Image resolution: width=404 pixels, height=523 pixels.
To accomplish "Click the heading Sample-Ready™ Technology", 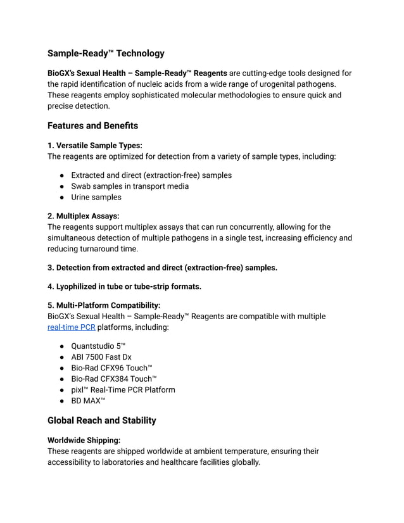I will (106, 54).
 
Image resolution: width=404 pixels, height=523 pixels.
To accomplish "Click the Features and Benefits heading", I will (92, 125).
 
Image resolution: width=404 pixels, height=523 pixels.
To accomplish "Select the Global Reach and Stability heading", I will (101, 420).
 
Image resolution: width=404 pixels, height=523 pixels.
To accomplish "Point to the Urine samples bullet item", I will (96, 197).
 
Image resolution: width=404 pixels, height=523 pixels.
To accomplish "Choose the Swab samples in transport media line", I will (130, 186).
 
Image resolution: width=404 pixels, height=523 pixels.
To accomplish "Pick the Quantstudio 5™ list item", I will (98, 346).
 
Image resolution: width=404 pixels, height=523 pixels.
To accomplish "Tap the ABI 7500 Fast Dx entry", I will (101, 357).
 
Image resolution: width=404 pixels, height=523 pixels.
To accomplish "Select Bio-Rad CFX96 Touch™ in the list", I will (111, 368).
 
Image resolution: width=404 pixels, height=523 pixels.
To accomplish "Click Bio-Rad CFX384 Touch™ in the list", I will (114, 379).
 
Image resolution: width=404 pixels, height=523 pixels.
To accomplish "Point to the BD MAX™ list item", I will (88, 401).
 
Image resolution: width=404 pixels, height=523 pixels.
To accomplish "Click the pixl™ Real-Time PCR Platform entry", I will (123, 389).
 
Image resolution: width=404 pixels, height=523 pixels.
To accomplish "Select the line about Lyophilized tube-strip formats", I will (124, 286).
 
